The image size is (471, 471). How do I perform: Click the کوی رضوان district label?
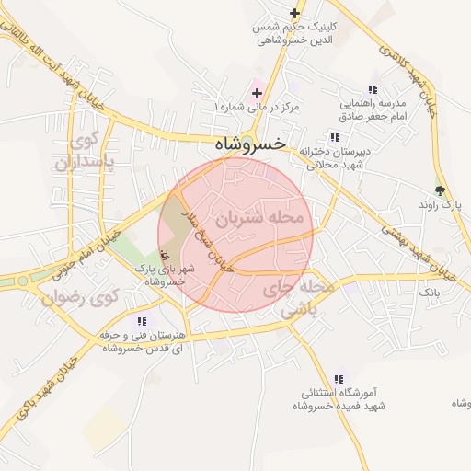click(82, 298)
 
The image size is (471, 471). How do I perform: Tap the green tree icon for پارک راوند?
click(440, 190)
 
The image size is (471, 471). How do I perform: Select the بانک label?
click(430, 292)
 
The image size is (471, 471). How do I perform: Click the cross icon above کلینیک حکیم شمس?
click(294, 13)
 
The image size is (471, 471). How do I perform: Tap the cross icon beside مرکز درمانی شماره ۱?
click(257, 93)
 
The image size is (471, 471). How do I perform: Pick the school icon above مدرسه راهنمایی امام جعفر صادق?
click(372, 89)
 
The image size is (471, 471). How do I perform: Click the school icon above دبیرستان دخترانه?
click(335, 136)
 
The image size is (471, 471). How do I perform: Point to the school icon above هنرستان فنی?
click(141, 321)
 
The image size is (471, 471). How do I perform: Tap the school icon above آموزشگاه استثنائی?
click(339, 378)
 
